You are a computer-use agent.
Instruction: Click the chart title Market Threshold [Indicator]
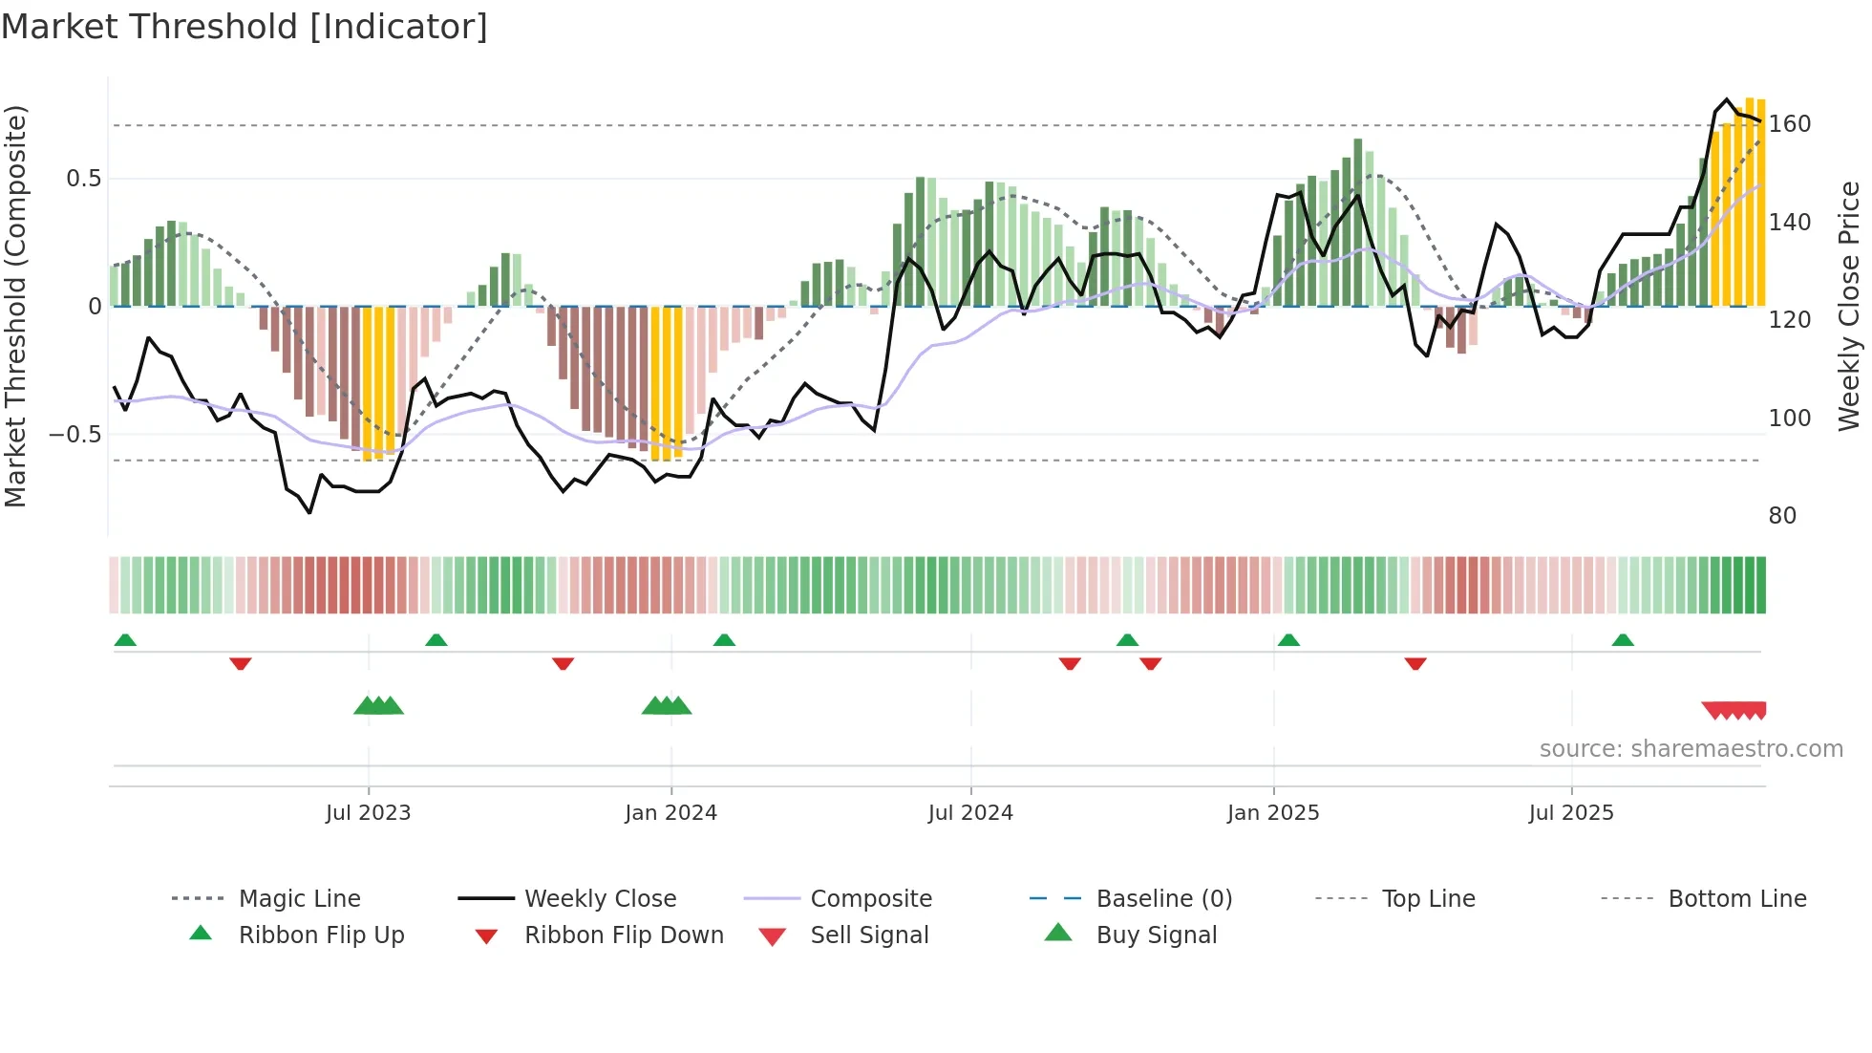point(245,27)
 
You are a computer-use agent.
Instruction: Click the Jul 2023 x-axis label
point(368,812)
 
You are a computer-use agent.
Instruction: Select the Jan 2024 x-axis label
point(670,812)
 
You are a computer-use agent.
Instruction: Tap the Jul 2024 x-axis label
point(970,812)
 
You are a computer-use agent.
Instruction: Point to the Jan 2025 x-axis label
point(1273,812)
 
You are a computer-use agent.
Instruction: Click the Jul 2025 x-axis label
point(1571,812)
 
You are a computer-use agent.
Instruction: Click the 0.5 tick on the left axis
point(83,179)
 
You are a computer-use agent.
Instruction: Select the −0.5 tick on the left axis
point(74,435)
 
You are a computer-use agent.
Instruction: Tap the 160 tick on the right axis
point(1790,124)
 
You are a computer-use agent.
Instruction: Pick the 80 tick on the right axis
point(1782,516)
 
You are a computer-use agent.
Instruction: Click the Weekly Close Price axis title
point(1849,306)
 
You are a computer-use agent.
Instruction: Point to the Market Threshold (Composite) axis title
point(15,306)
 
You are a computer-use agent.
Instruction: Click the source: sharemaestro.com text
point(1691,749)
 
